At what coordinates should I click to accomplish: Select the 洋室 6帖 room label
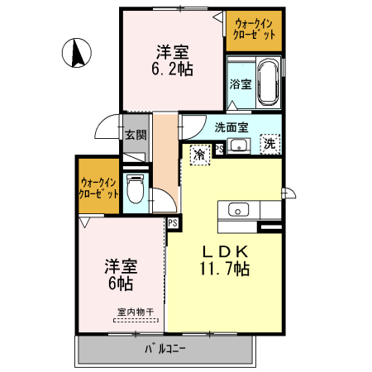[x=121, y=274]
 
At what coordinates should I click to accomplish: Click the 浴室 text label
[x=241, y=84]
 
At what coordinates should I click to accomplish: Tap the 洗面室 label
[x=231, y=127]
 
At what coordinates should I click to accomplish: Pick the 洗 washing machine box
[x=269, y=144]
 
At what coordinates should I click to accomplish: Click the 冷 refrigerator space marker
[x=199, y=154]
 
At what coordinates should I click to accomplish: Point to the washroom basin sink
[x=238, y=146]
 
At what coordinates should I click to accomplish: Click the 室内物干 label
[x=136, y=312]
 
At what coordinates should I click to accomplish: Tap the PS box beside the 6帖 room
[x=173, y=222]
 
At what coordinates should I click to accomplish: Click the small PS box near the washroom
[x=219, y=149]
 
